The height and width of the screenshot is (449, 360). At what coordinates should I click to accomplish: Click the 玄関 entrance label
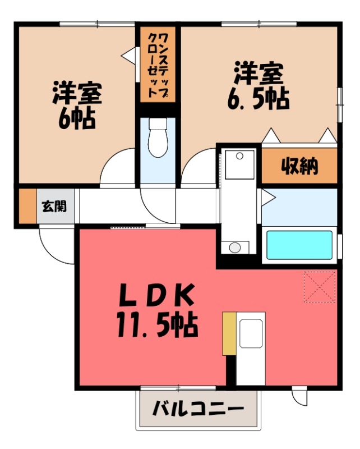54,206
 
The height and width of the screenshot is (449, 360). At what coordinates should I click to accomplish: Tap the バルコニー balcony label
199,408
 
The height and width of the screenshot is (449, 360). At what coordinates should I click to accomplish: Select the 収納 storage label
299,166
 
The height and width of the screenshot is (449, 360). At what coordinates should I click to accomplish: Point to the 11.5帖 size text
157,324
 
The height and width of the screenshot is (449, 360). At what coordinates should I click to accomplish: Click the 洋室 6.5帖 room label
258,86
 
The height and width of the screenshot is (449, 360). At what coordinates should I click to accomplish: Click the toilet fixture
158,138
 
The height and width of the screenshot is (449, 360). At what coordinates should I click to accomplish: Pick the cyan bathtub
300,245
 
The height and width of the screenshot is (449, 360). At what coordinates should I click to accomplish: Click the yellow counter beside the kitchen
229,333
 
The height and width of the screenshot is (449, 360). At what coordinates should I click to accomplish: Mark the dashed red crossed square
320,287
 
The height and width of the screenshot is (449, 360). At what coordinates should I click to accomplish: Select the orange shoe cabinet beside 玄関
27,206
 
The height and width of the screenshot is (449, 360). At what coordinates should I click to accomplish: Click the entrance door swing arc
56,247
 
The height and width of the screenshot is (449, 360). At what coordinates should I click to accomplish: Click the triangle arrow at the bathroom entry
267,196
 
